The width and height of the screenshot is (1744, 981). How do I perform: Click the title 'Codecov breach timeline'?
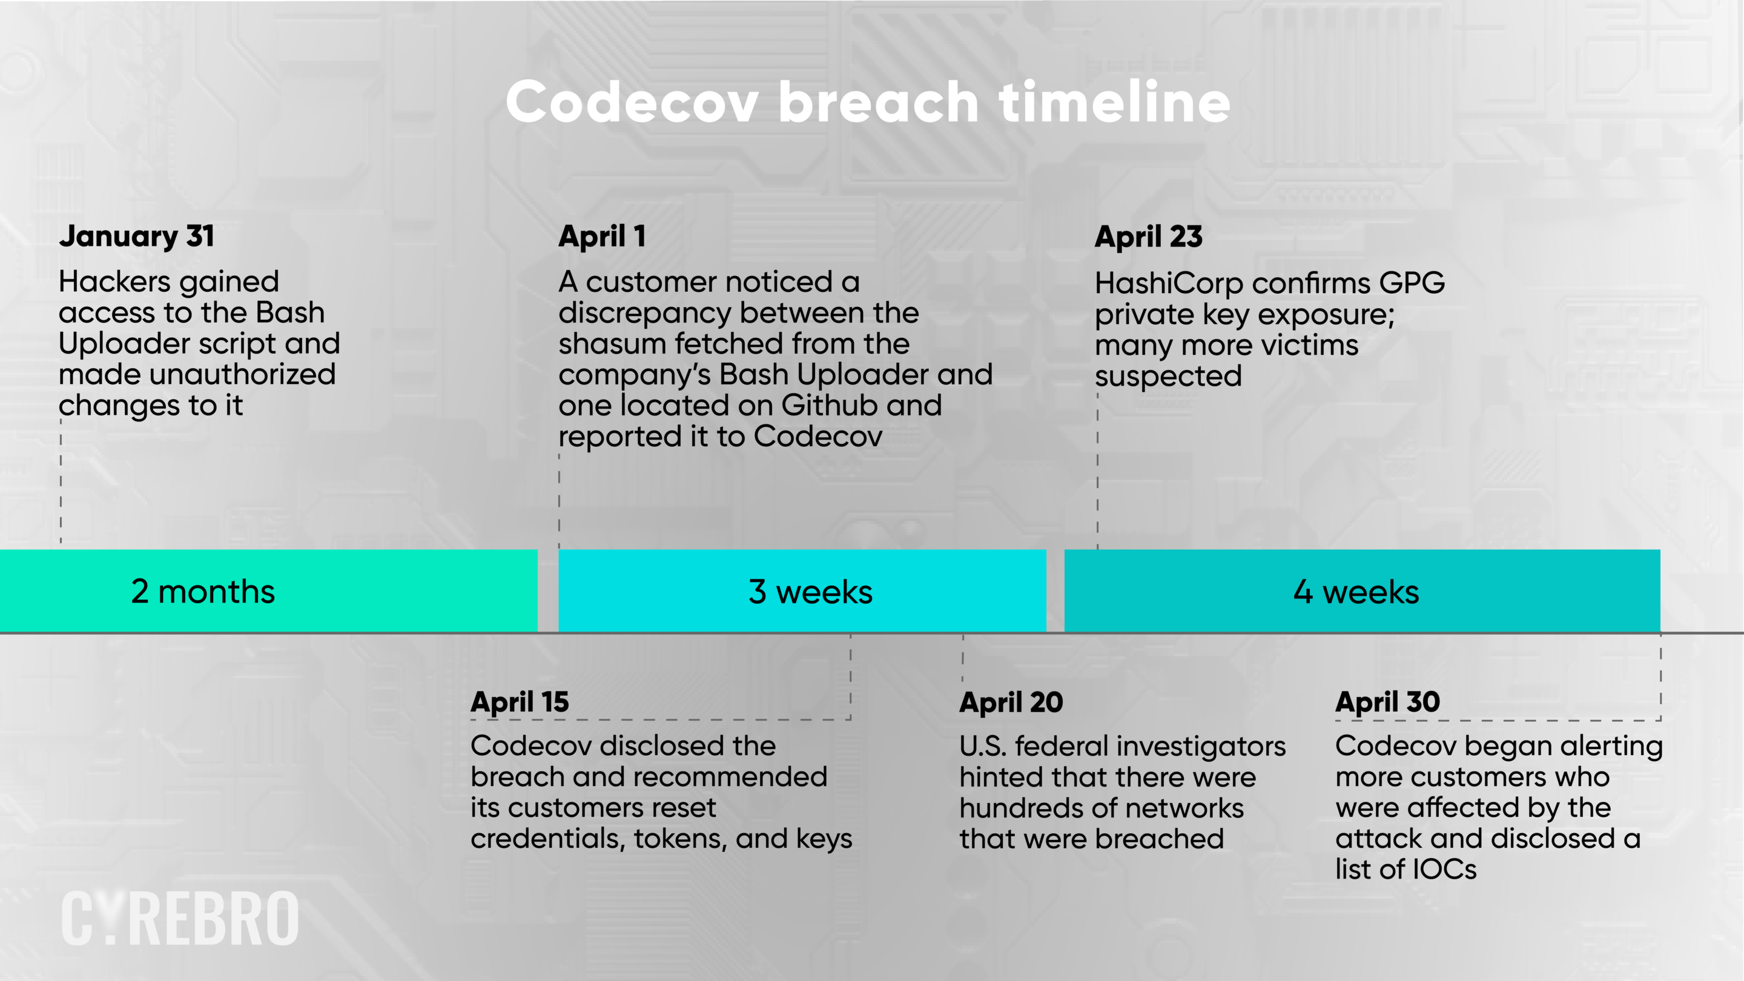coord(868,102)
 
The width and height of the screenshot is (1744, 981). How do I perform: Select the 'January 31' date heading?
coord(137,237)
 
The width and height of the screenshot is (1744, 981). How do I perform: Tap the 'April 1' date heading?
coord(602,237)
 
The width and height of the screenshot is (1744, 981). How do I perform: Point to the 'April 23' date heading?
coord(1148,237)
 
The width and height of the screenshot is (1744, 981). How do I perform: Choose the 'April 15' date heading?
coord(520,702)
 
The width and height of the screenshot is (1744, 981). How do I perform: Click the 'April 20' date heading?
coord(1011,702)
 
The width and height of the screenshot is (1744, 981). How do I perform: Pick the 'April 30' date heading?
coord(1387,702)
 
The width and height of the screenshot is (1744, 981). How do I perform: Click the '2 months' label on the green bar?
coord(203,592)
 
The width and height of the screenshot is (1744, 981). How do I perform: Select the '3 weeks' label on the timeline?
coord(810,592)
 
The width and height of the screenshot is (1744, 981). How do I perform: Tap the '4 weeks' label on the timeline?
coord(1356,592)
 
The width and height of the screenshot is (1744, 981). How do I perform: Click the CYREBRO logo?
coord(180,918)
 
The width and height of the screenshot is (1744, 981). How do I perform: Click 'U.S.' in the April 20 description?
coord(982,746)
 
